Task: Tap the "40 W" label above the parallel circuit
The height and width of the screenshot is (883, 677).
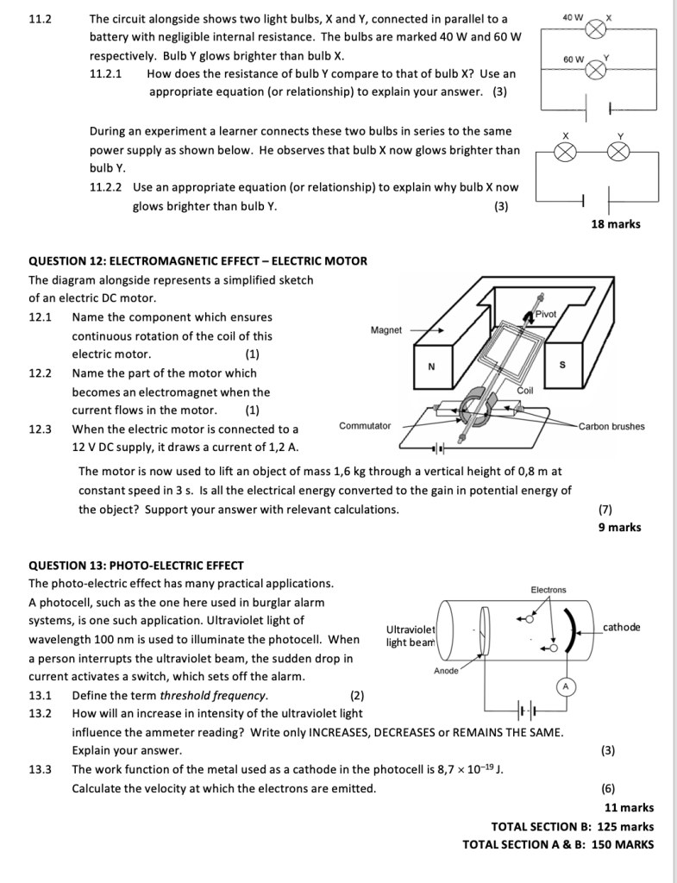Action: (573, 17)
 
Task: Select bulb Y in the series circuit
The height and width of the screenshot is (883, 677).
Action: (618, 152)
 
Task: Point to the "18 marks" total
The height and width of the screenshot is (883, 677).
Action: (616, 224)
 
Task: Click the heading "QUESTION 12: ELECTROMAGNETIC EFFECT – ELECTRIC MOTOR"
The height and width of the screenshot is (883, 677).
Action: (197, 260)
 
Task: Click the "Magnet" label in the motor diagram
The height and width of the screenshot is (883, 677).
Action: (386, 330)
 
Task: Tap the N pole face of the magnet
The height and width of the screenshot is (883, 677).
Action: (432, 366)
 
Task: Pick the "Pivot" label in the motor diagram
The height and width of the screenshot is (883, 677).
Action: (545, 314)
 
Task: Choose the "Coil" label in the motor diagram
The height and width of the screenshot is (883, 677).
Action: (525, 391)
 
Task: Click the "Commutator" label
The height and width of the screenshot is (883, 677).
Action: (365, 426)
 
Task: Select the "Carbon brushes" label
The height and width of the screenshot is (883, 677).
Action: (611, 426)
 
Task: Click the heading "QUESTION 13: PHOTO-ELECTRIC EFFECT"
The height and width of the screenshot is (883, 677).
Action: (136, 566)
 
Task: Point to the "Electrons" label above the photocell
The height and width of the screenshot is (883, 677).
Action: (548, 590)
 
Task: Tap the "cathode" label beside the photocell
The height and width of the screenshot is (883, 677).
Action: (622, 628)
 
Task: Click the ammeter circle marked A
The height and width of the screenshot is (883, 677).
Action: (566, 686)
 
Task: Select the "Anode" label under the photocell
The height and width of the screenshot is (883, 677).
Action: (446, 671)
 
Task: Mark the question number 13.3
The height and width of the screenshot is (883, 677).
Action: (40, 769)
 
